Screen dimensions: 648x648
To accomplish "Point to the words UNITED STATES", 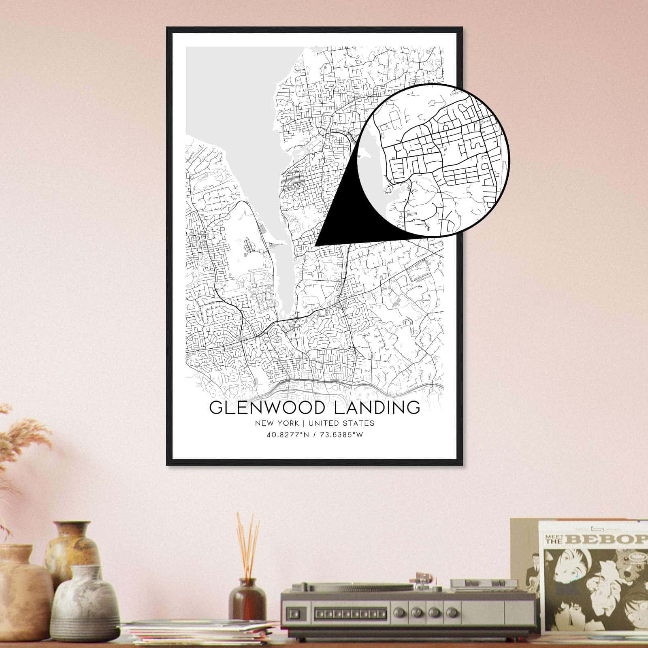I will coord(341,423).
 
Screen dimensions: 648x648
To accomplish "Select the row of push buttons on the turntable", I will coord(350,614).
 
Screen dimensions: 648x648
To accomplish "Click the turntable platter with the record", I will coord(364,587).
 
